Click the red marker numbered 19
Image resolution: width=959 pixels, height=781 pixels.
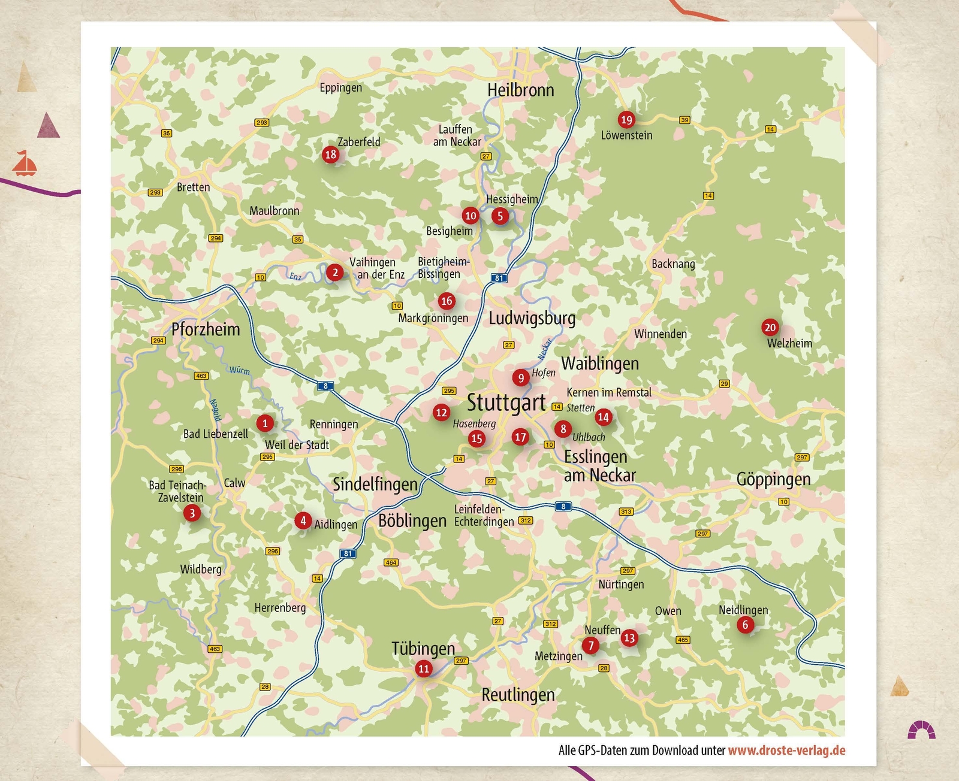coord(626,119)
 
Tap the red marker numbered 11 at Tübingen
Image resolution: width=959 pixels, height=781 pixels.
coord(424,668)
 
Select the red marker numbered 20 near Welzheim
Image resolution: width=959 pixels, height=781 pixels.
coord(770,327)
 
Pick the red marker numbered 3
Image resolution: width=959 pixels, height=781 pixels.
coord(192,513)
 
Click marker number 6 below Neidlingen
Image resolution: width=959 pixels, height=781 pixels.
coord(745,625)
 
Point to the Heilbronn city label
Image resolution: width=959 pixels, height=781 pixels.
coord(520,90)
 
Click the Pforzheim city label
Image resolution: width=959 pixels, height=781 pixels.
coord(206,329)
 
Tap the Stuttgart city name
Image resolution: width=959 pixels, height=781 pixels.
coord(506,402)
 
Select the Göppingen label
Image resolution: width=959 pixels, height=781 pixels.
coord(773,479)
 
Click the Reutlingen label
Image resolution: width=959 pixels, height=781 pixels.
coord(518,695)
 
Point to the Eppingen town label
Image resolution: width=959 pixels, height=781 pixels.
coord(340,88)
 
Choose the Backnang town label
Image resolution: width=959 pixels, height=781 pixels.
coord(673,264)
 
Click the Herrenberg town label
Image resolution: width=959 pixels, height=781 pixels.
coord(280,608)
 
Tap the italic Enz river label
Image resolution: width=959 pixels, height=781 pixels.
coord(295,276)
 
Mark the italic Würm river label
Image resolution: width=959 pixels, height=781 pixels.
coord(239,370)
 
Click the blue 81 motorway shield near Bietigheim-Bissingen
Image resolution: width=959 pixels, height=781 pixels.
coord(499,278)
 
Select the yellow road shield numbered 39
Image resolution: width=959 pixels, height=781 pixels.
coord(684,120)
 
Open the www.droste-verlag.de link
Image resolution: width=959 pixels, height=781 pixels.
coord(786,750)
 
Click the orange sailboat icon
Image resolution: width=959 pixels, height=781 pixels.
coord(25,164)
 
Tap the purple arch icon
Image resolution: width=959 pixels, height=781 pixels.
coord(921,730)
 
